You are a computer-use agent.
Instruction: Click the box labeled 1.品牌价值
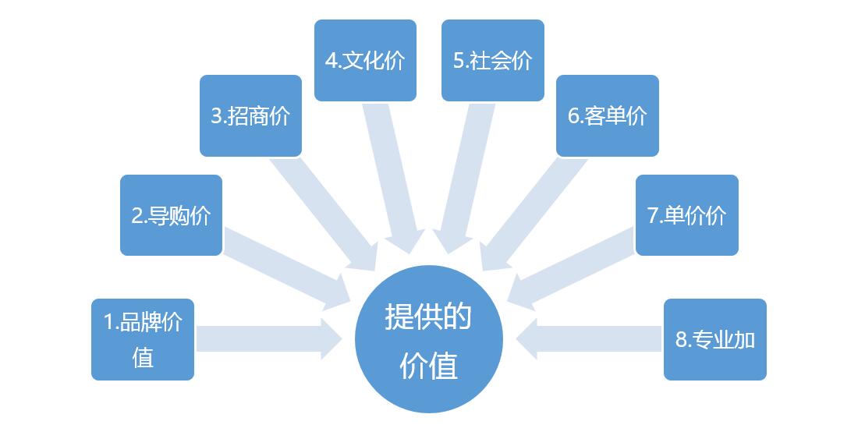[x=142, y=339]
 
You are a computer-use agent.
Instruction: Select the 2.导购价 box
[x=171, y=215]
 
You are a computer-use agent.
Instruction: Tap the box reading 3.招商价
[x=250, y=115]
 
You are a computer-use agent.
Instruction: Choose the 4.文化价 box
[x=365, y=60]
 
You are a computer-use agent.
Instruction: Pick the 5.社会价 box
[x=492, y=60]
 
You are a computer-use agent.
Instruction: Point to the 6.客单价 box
[x=607, y=115]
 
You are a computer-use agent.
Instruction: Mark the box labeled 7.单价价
[x=686, y=215]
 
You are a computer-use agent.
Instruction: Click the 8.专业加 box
[x=714, y=339]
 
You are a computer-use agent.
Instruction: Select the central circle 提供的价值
[x=428, y=340]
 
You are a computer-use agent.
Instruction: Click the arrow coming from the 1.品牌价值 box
[x=265, y=339]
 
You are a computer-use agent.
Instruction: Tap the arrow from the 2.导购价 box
[x=285, y=265]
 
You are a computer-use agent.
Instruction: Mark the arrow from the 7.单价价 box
[x=573, y=265]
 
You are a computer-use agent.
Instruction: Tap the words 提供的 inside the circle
[x=427, y=317]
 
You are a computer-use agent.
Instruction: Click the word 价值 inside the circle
[x=427, y=365]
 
